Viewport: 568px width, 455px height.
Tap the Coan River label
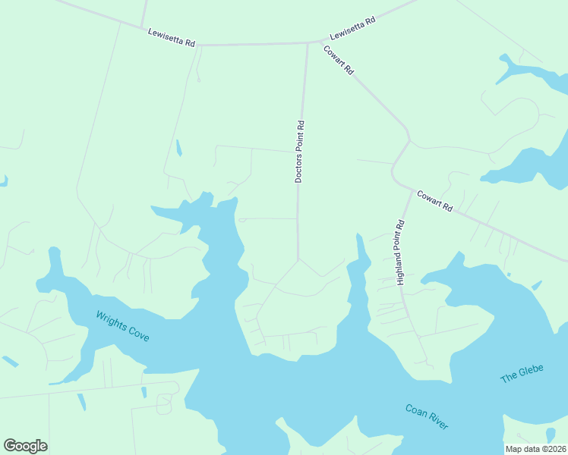click(x=426, y=417)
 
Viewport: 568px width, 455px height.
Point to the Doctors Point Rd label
click(x=299, y=151)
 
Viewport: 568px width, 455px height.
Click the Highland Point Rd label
click(x=401, y=253)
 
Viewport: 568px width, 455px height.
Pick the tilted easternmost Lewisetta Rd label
click(x=353, y=30)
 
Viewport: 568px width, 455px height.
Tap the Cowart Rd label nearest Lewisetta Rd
click(x=339, y=60)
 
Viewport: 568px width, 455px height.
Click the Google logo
click(x=25, y=446)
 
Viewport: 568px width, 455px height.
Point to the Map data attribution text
click(x=535, y=449)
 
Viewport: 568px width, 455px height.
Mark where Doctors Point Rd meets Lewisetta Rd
click(x=307, y=43)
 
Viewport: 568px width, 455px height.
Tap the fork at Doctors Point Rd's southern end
click(x=298, y=259)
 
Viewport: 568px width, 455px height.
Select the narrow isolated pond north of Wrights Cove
click(x=179, y=148)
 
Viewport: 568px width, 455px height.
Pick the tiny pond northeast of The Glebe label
click(x=537, y=286)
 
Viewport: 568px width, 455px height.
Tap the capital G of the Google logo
click(x=11, y=446)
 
